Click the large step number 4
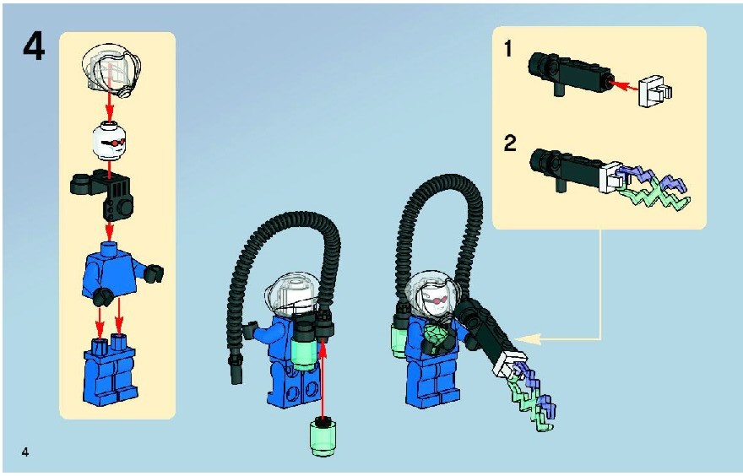pos(34,48)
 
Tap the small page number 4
pos(25,452)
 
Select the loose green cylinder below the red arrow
pos(323,436)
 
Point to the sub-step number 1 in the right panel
pos(508,49)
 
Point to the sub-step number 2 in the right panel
pos(509,143)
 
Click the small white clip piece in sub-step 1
pos(655,90)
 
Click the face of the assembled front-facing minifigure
pos(437,300)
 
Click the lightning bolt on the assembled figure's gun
pos(532,397)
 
